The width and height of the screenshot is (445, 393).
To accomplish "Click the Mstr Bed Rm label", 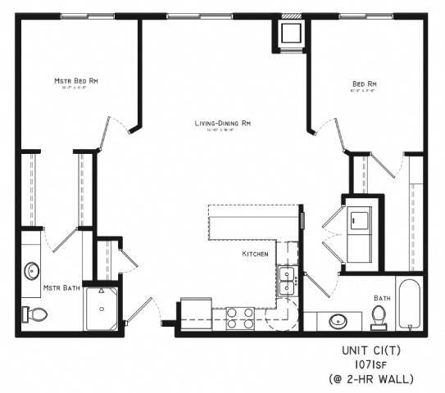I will click(x=77, y=81).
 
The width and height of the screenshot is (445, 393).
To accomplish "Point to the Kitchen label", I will click(x=255, y=255).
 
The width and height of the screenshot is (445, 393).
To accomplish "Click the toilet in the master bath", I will click(x=34, y=314).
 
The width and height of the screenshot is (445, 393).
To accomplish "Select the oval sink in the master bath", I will click(x=33, y=270).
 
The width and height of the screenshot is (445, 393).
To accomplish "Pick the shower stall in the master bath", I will click(x=102, y=308).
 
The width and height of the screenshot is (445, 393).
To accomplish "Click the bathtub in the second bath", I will click(x=409, y=304).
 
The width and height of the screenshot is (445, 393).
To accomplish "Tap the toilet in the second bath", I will click(x=379, y=315).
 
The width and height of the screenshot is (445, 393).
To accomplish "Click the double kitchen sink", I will click(x=287, y=280).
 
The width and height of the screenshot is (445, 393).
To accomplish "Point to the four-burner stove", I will click(x=239, y=318).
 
